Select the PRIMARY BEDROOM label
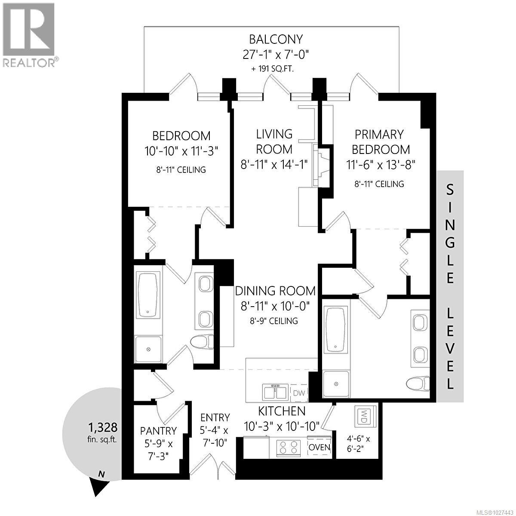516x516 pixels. (379, 142)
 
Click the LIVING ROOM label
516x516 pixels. (274, 141)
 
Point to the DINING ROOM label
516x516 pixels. (275, 291)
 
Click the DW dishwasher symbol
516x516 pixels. (299, 392)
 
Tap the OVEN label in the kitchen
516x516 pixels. (319, 447)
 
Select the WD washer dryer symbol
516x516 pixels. (364, 416)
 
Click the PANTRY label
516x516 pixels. (158, 430)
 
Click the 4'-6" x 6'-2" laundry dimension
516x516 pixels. (359, 444)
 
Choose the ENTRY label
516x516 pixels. (215, 418)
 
